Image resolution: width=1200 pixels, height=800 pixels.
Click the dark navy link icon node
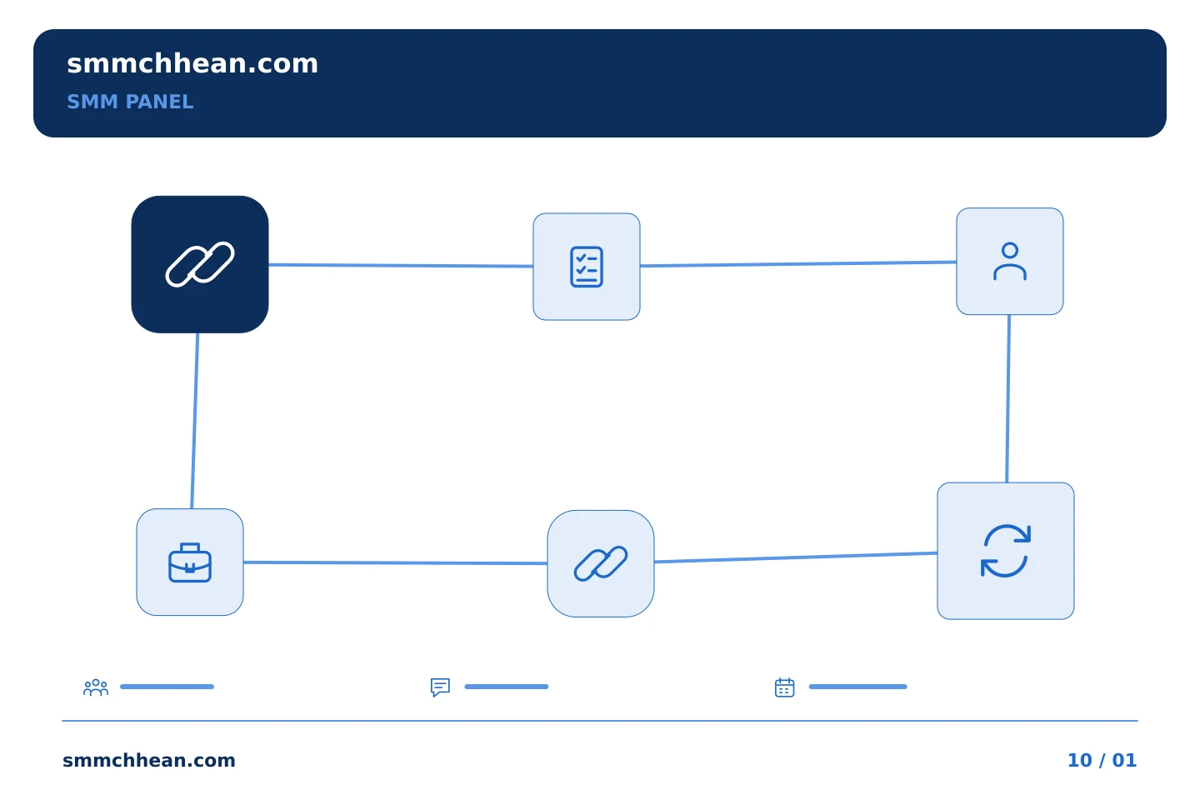200,264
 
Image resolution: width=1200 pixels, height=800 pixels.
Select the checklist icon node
587,267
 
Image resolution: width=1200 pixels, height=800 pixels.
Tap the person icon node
1010,262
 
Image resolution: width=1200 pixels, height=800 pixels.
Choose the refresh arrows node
1006,551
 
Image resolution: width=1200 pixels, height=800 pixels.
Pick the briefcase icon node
190,562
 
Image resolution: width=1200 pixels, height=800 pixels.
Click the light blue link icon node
601,563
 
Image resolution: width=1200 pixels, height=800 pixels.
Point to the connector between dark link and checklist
401,265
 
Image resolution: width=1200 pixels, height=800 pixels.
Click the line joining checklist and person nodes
798,263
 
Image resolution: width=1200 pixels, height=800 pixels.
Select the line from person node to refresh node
1008,398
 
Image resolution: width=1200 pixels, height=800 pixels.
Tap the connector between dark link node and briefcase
195,421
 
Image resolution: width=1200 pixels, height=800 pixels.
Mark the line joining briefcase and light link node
395,562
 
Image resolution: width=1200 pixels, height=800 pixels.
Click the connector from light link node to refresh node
796,557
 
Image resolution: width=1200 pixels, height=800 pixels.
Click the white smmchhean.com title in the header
192,64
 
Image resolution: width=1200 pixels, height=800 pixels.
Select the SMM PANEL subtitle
130,102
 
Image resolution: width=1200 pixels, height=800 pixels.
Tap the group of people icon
96,687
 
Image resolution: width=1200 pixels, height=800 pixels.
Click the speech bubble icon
440,687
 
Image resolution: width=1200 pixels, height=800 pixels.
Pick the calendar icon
785,687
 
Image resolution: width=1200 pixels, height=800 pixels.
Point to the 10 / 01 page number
1102,760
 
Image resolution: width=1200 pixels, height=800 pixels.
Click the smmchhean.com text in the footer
149,760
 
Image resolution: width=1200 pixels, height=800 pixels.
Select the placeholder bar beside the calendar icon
857,687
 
